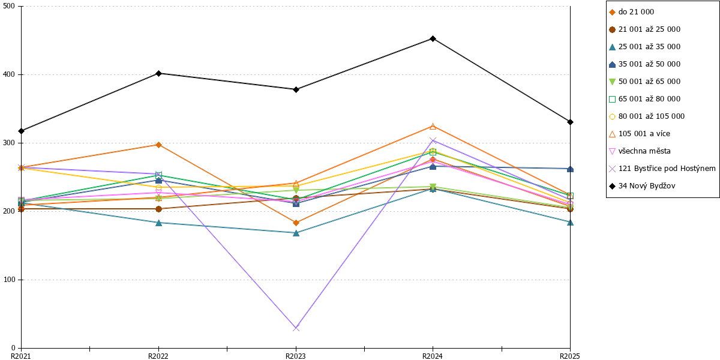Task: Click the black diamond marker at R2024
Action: [433, 39]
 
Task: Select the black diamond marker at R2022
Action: [158, 73]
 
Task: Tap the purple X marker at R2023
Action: [296, 328]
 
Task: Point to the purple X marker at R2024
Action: [433, 140]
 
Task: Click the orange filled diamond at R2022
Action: [158, 145]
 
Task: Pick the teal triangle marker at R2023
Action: [296, 233]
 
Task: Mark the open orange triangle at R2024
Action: [433, 127]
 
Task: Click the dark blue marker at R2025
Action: [570, 169]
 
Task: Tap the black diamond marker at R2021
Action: [22, 131]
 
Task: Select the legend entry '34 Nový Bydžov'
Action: [642, 186]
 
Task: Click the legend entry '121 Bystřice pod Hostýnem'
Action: [662, 169]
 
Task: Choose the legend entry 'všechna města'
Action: [640, 151]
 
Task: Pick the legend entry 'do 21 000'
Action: [632, 12]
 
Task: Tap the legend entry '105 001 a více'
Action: [640, 134]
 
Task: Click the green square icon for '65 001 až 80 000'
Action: [613, 100]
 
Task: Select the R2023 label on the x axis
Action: [296, 356]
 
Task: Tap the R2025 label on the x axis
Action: [570, 356]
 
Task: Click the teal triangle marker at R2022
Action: [158, 223]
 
